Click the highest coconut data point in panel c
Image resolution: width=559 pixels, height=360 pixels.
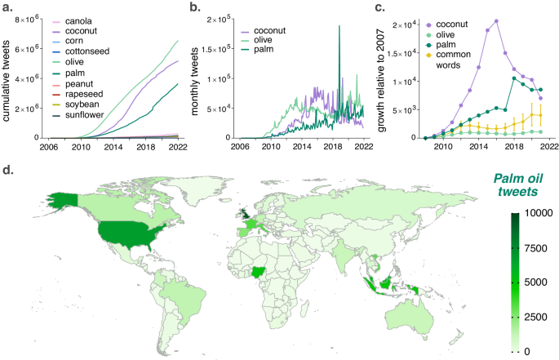point(496,21)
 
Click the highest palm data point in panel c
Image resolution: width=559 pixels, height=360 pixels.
point(512,78)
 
